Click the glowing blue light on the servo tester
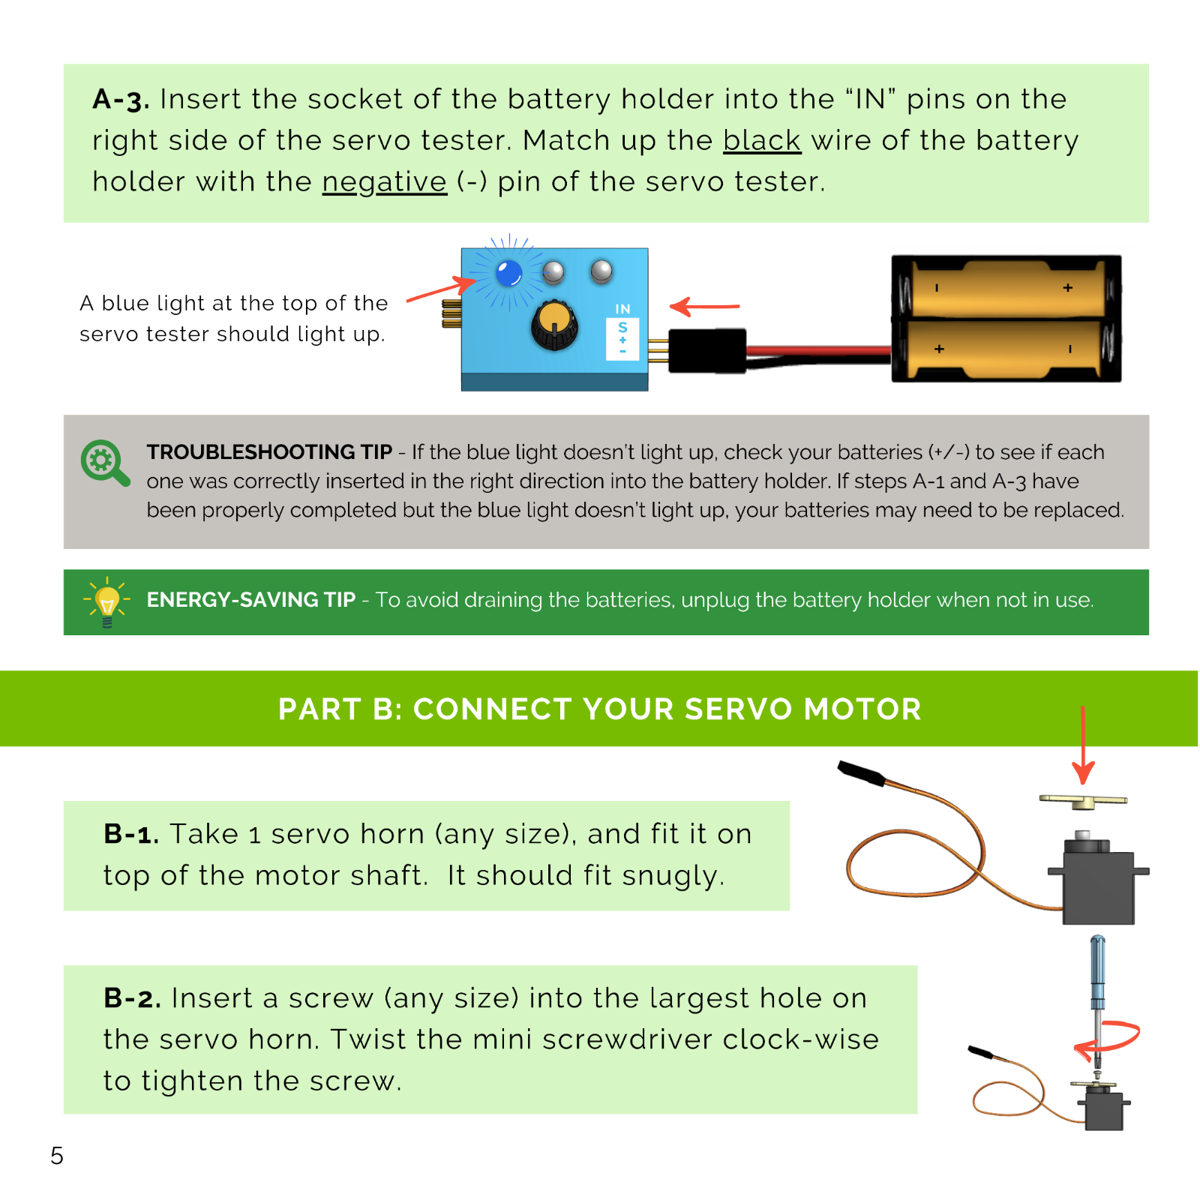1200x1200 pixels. click(509, 273)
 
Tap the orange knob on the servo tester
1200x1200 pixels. click(555, 325)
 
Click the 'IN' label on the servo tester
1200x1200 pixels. click(622, 309)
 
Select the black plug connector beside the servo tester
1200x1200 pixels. click(707, 350)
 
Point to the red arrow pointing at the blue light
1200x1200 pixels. click(441, 290)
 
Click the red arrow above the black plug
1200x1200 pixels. click(704, 306)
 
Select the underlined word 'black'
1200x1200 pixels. click(762, 140)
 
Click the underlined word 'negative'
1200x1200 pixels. click(385, 182)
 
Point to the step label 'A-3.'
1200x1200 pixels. click(121, 99)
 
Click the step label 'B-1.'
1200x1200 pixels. click(131, 834)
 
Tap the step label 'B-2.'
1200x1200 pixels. click(132, 998)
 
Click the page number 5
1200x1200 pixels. click(57, 1156)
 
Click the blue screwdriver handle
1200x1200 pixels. click(1098, 972)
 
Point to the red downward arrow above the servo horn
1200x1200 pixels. click(1083, 745)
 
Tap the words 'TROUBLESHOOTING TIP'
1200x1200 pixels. click(269, 452)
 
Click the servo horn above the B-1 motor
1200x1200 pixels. click(1083, 802)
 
